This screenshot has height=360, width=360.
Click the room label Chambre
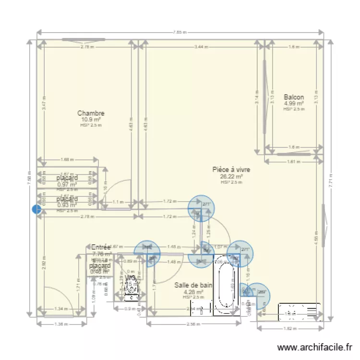[x=91, y=113]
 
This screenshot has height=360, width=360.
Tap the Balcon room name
[x=293, y=97]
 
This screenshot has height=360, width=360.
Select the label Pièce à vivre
[x=231, y=169]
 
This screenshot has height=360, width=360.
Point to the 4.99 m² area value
[x=293, y=103]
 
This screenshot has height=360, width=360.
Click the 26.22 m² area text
[x=231, y=176]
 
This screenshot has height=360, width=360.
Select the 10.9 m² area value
[x=91, y=120]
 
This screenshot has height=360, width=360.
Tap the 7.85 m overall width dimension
[x=180, y=33]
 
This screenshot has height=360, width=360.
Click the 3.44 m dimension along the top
[x=202, y=47]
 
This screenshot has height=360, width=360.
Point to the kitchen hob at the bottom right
[x=300, y=312]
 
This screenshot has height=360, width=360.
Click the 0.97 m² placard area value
[x=67, y=184]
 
